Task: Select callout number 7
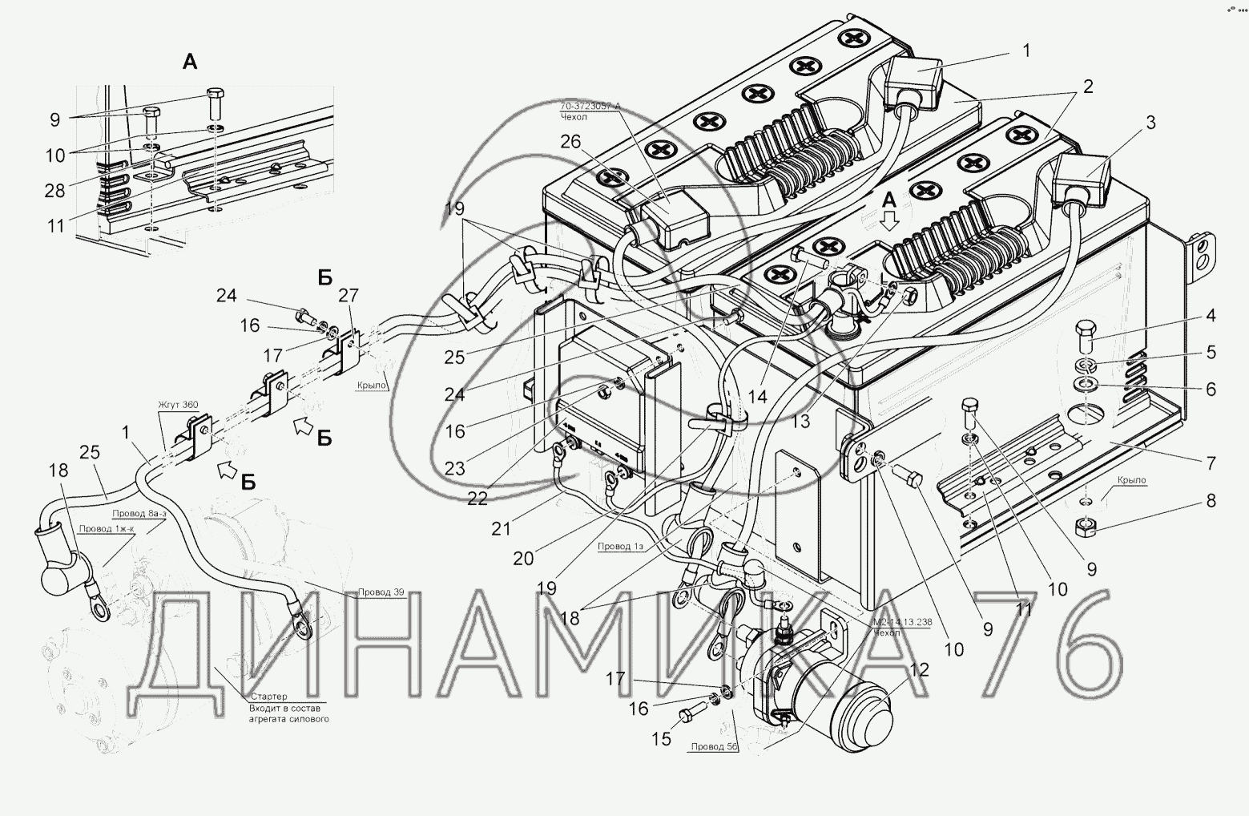[x=1211, y=463]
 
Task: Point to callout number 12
[x=920, y=669]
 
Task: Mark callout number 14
[x=758, y=396]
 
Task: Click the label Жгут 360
[x=178, y=405]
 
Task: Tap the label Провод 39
[x=381, y=592]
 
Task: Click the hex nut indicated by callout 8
[x=1086, y=529]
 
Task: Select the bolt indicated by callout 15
[x=690, y=713]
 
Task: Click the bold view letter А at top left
[x=190, y=62]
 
